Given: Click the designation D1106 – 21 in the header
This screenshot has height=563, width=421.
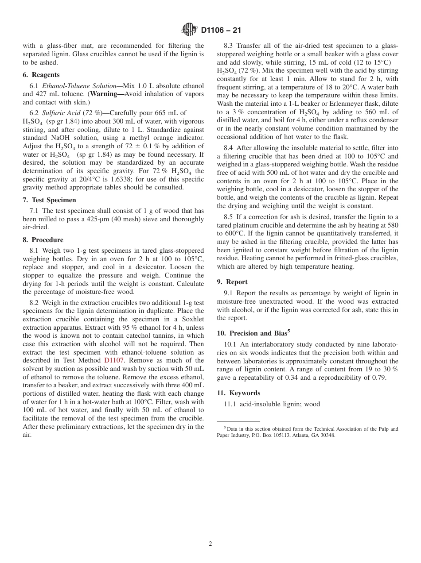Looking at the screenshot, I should [x=221, y=31].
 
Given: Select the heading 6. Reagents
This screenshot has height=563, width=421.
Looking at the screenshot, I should [x=41, y=75].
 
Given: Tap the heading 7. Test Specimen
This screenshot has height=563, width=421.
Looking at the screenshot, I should [x=49, y=200].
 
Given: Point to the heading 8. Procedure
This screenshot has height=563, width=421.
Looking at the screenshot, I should [x=43, y=240].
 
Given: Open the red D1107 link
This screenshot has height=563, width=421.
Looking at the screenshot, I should [x=114, y=360].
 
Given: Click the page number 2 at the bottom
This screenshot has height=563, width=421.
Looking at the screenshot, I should [x=210, y=544].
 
